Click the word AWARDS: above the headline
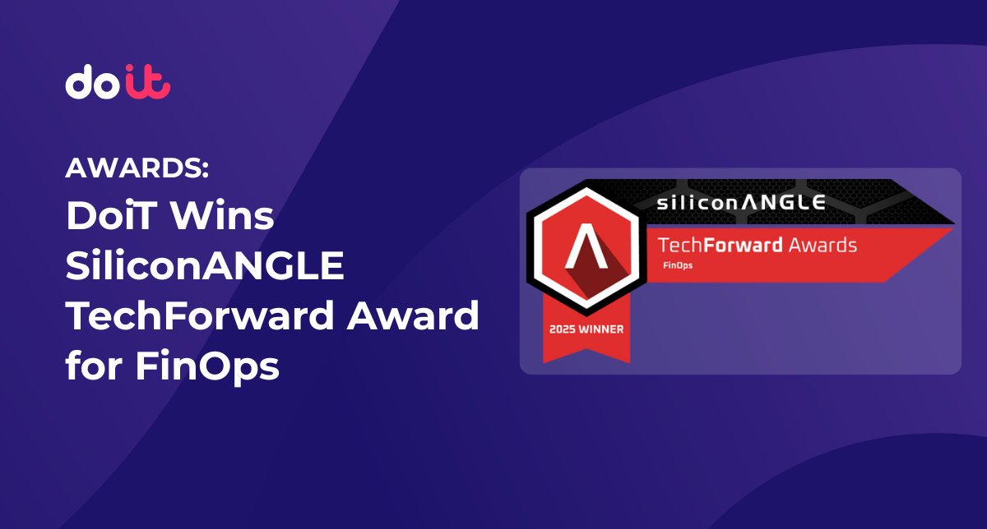click(x=137, y=170)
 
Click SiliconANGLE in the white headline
click(x=204, y=267)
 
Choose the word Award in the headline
click(x=411, y=316)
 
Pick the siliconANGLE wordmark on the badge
click(x=740, y=201)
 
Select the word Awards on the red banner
click(x=822, y=245)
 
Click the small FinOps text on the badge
click(x=677, y=265)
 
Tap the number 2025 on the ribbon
click(x=564, y=329)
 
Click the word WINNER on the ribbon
click(x=602, y=329)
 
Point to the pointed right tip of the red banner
click(x=952, y=229)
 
